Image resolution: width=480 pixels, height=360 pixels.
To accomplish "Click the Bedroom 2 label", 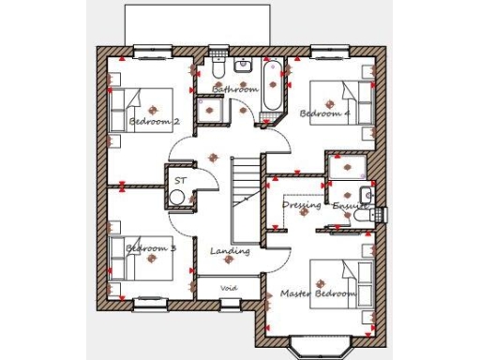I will pyautogui.click(x=155, y=122).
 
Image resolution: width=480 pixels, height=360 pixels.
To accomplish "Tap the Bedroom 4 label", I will pyautogui.click(x=324, y=113).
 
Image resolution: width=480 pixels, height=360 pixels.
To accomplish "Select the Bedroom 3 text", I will pyautogui.click(x=151, y=248).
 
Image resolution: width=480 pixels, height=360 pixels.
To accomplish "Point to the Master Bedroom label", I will pyautogui.click(x=319, y=293).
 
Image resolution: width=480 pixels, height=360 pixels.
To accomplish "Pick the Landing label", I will pyautogui.click(x=230, y=251).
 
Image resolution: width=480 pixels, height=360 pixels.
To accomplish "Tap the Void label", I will pyautogui.click(x=229, y=287).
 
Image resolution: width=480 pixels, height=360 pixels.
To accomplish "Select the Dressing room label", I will pyautogui.click(x=302, y=204).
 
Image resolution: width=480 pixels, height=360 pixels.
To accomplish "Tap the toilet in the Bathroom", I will pyautogui.click(x=217, y=68).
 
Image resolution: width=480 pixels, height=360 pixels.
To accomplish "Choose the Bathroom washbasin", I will pyautogui.click(x=243, y=67).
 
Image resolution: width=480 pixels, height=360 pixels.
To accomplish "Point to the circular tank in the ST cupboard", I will pyautogui.click(x=177, y=197).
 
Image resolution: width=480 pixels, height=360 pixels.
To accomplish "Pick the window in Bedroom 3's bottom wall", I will pyautogui.click(x=149, y=302).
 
